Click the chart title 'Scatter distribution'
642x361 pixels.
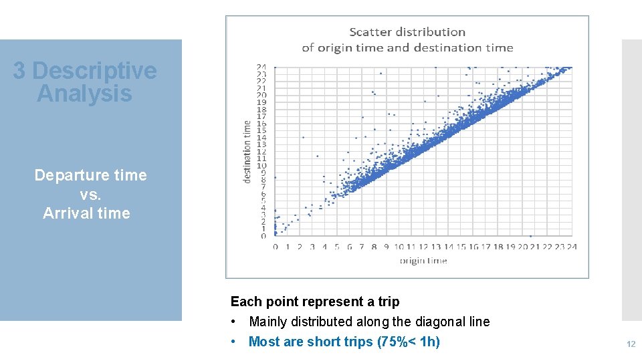pyautogui.click(x=407, y=32)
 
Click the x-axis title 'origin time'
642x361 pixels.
pyautogui.click(x=423, y=261)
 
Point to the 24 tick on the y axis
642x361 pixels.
pyautogui.click(x=262, y=67)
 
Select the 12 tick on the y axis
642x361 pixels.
pyautogui.click(x=262, y=151)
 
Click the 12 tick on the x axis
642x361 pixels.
pyautogui.click(x=423, y=247)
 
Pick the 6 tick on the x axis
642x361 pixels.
pyautogui.click(x=349, y=247)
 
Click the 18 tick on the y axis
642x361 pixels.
pyautogui.click(x=262, y=109)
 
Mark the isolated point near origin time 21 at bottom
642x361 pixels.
pyautogui.click(x=531, y=236)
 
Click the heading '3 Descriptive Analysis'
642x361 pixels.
pyautogui.click(x=84, y=82)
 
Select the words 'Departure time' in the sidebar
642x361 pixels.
pyautogui.click(x=90, y=175)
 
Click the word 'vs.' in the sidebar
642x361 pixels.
pyautogui.click(x=90, y=195)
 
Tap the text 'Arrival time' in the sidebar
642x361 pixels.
pyautogui.click(x=86, y=214)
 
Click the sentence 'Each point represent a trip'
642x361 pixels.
pyautogui.click(x=314, y=302)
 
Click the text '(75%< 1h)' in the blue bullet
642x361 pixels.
pyautogui.click(x=409, y=342)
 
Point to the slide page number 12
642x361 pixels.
pyautogui.click(x=630, y=344)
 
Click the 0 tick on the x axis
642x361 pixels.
pyautogui.click(x=276, y=247)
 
